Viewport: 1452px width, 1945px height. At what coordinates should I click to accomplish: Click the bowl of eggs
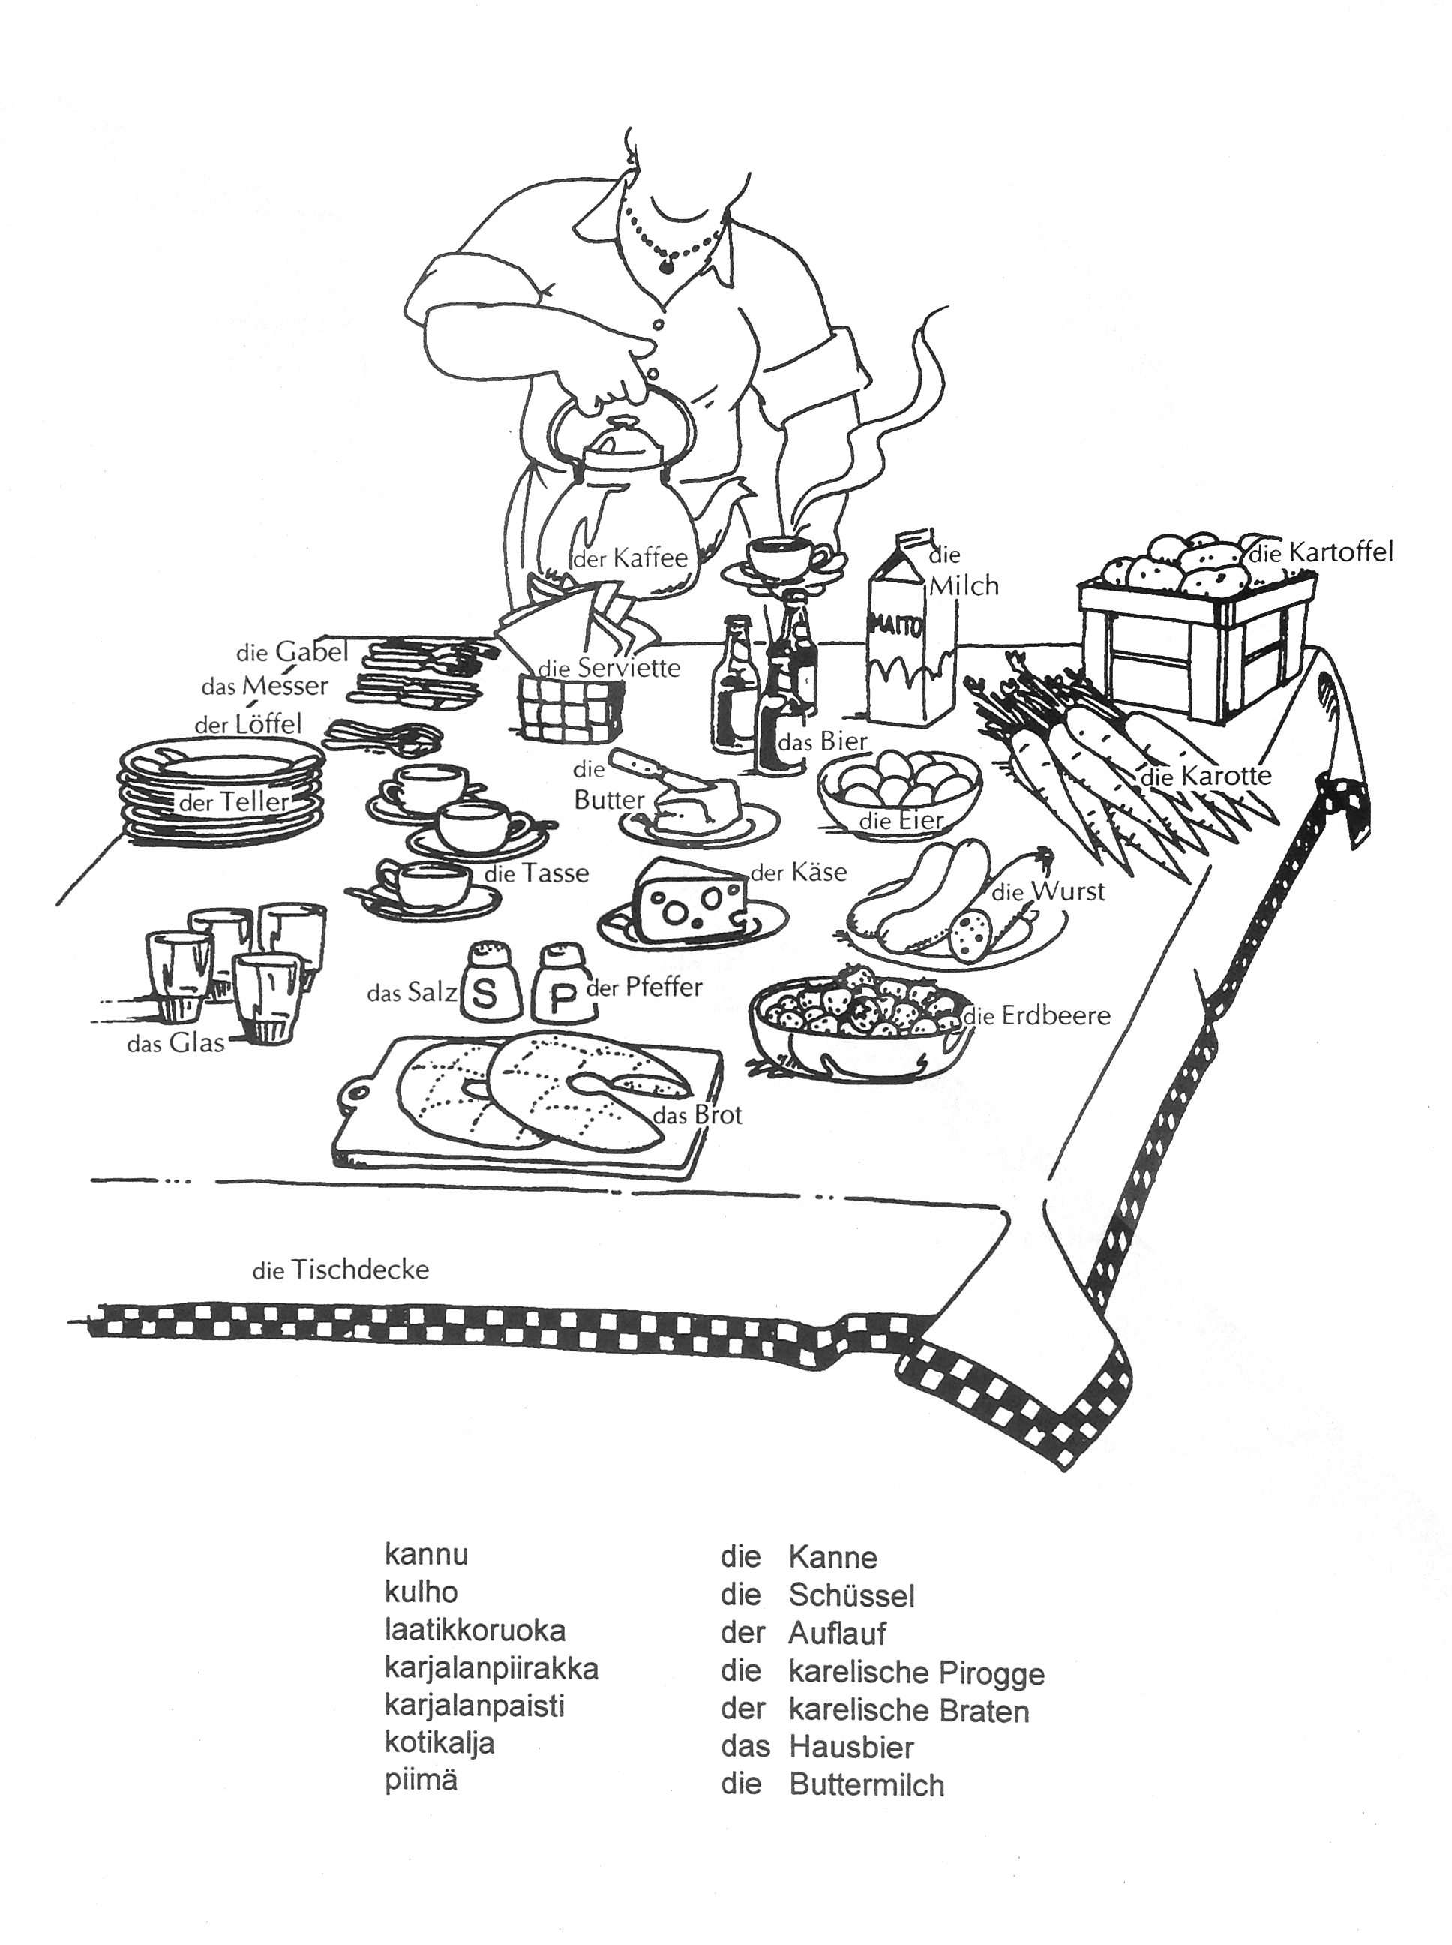point(898,785)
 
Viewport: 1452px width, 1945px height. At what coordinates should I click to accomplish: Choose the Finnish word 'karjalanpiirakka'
point(491,1669)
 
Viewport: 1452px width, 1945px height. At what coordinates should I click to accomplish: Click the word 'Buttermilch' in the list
point(867,1786)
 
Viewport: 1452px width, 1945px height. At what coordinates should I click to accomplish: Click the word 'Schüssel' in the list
point(852,1595)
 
